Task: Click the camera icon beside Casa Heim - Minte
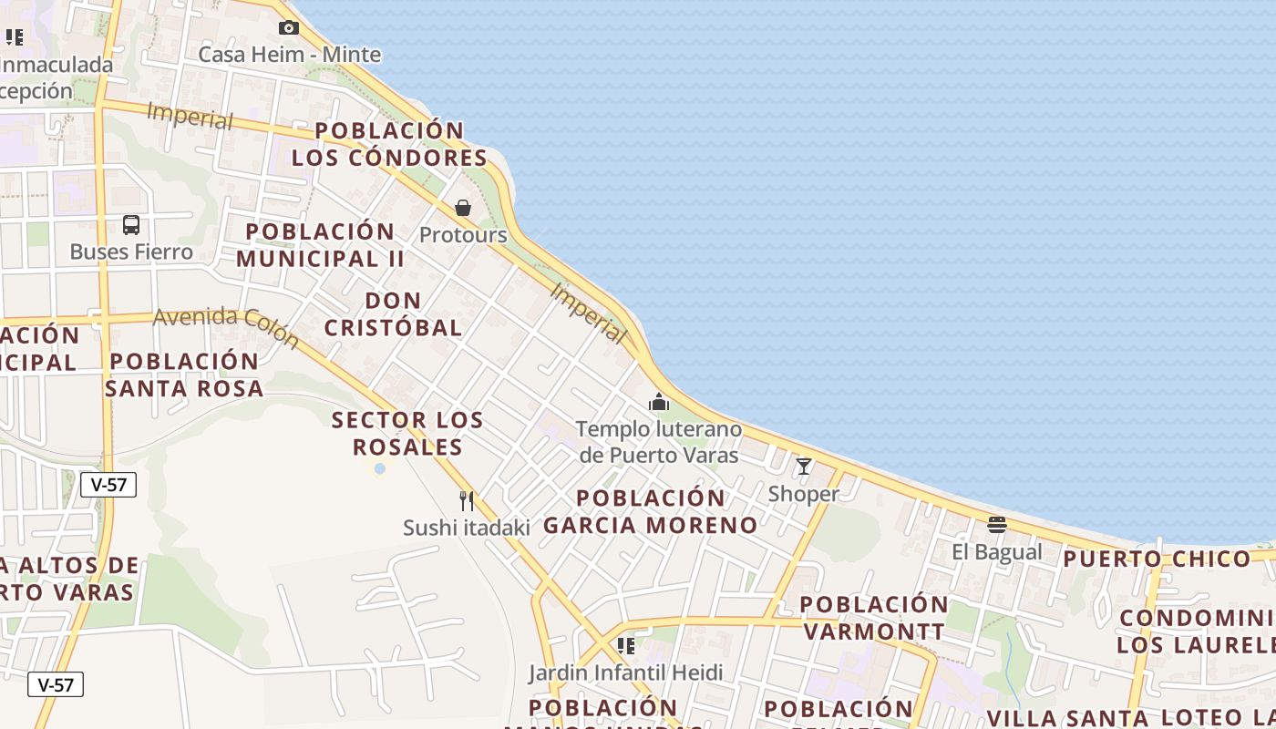click(x=289, y=28)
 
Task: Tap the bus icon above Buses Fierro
click(x=131, y=225)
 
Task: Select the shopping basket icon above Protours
click(x=463, y=208)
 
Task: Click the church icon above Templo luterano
click(x=659, y=402)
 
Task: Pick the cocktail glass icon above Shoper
click(x=804, y=467)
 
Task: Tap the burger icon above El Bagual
click(x=997, y=525)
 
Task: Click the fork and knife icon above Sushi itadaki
click(x=467, y=500)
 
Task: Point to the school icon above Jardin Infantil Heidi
click(x=625, y=646)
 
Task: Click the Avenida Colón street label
click(x=226, y=326)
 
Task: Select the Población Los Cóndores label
click(x=390, y=144)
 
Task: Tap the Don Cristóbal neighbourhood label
click(x=394, y=313)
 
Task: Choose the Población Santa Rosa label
click(x=184, y=375)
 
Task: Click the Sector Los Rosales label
click(x=407, y=434)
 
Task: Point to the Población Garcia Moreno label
click(x=651, y=511)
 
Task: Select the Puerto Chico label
click(x=1157, y=559)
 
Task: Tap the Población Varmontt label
click(x=874, y=617)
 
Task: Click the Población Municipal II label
click(x=320, y=245)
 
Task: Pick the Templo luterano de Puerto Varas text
click(x=659, y=441)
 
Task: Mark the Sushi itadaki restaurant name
click(x=467, y=528)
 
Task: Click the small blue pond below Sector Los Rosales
click(x=379, y=468)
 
